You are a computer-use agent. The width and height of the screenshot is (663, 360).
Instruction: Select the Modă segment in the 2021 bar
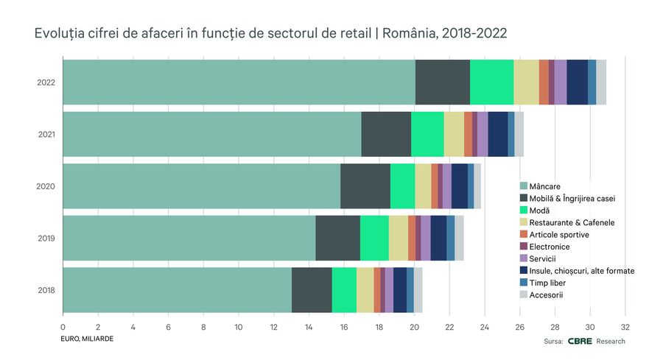click(427, 134)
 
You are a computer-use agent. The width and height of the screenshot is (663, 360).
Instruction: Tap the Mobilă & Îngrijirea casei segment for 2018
click(312, 289)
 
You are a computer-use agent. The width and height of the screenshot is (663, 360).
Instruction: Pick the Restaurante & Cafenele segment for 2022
click(526, 82)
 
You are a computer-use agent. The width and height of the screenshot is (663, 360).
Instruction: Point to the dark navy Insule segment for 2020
click(460, 186)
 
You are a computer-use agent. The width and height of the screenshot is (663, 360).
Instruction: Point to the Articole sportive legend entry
click(564, 235)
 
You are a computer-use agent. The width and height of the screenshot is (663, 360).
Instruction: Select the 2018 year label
click(46, 290)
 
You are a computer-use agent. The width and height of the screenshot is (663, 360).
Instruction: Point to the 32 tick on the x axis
click(625, 326)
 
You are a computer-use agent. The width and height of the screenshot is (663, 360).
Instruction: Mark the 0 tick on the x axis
click(63, 326)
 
